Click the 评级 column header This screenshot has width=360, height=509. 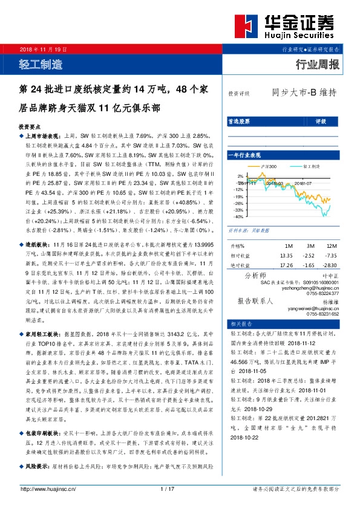tap(321, 122)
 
